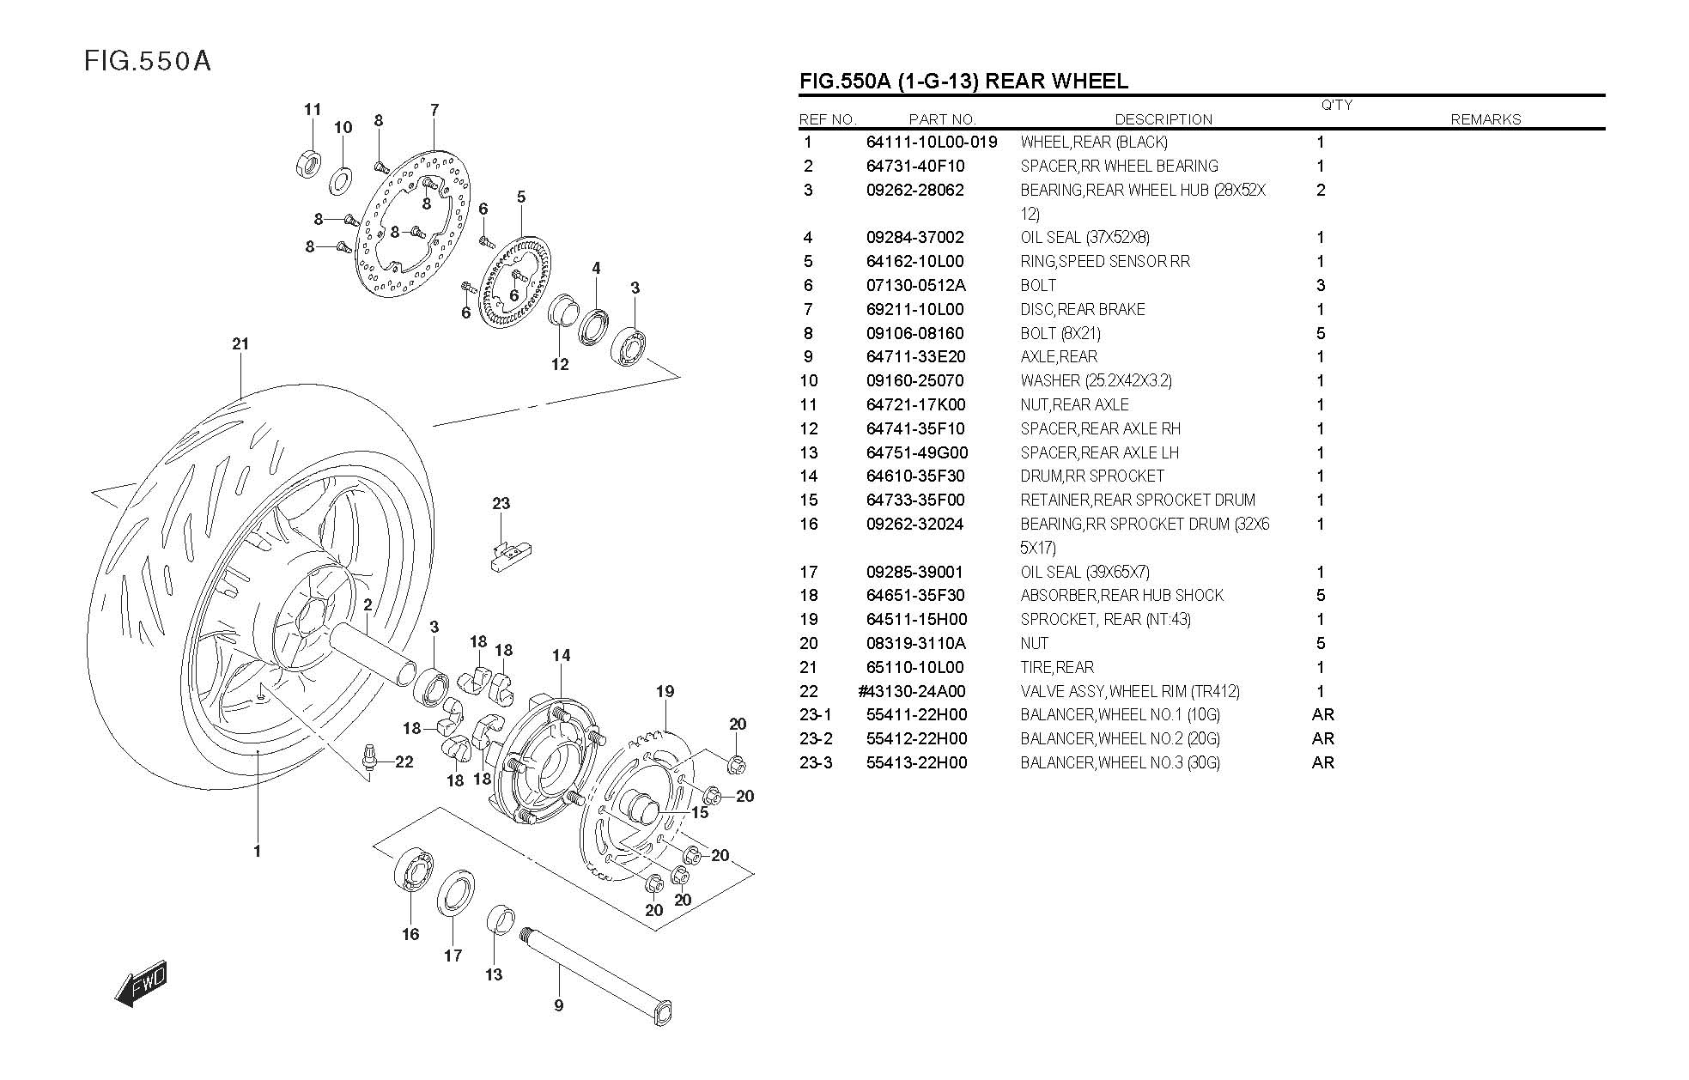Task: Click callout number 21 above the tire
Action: point(240,344)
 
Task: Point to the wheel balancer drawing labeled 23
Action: point(510,553)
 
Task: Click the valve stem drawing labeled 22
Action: point(371,759)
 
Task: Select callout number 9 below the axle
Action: point(558,1005)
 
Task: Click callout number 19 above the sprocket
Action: point(665,691)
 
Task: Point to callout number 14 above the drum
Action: point(561,656)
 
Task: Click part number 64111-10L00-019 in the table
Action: point(932,143)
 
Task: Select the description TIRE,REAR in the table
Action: point(1057,667)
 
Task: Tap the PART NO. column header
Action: point(942,119)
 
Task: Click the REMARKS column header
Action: point(1485,119)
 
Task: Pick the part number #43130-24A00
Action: point(911,691)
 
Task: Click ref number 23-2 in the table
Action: point(816,738)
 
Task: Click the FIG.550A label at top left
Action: point(148,62)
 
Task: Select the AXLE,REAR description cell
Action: point(1059,357)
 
